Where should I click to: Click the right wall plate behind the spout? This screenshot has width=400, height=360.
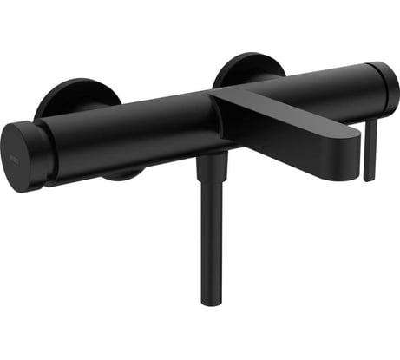click(247, 69)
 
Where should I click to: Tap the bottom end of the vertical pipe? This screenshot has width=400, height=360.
click(210, 301)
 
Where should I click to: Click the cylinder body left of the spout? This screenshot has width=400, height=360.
click(130, 130)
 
